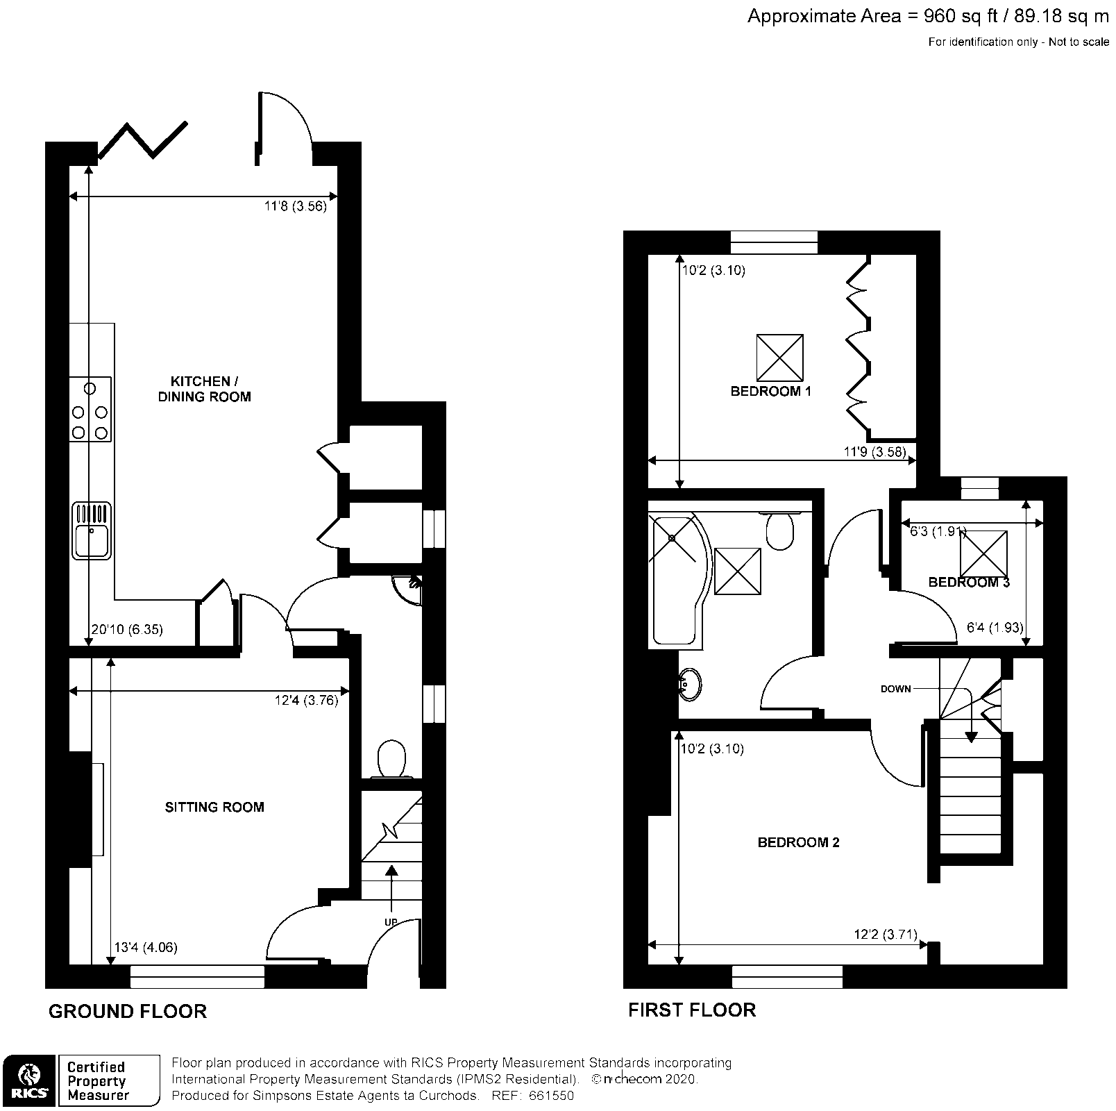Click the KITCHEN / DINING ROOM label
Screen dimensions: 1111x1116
(x=201, y=389)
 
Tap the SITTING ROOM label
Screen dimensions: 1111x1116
(x=214, y=807)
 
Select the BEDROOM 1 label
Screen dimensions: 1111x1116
(x=770, y=391)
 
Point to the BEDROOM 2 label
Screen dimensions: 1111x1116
(x=798, y=842)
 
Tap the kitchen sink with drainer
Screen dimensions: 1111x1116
(x=91, y=531)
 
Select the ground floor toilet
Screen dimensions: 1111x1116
(x=392, y=758)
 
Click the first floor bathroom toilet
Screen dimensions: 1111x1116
(x=781, y=531)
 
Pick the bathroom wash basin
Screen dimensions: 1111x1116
(x=691, y=684)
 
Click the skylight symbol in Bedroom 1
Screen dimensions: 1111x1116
(x=779, y=358)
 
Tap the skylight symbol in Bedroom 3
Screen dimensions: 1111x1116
(x=983, y=553)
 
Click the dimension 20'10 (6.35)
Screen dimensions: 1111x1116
(x=126, y=630)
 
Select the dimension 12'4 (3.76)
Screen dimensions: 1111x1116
(x=306, y=701)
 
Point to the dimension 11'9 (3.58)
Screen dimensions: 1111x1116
(x=874, y=451)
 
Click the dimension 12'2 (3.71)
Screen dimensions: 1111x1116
(x=885, y=935)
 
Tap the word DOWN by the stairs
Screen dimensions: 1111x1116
(x=895, y=689)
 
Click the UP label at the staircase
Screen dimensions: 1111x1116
(x=391, y=921)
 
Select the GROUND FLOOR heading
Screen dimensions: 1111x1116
(x=128, y=1011)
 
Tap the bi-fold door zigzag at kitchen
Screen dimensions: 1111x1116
(x=143, y=140)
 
